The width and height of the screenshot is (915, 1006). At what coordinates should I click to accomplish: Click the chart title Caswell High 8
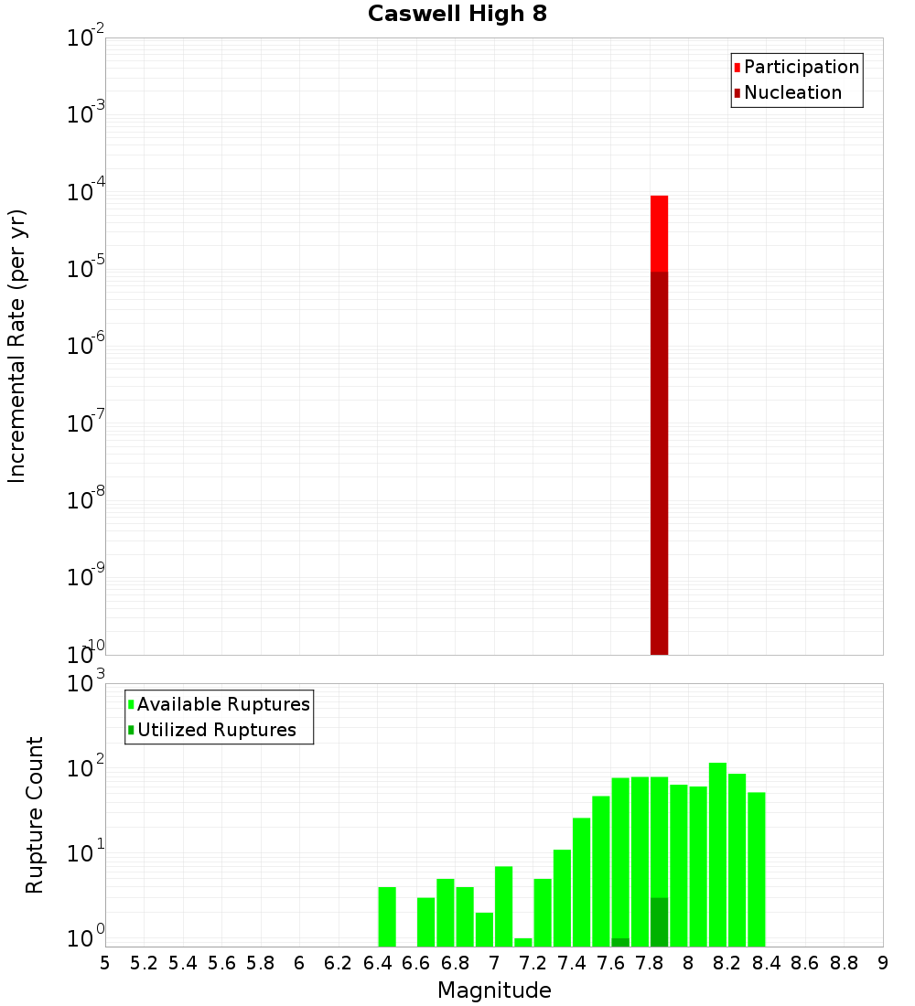pyautogui.click(x=457, y=15)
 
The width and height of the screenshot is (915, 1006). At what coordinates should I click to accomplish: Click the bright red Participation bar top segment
pyautogui.click(x=659, y=233)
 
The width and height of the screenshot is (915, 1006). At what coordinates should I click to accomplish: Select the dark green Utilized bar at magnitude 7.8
pyautogui.click(x=659, y=922)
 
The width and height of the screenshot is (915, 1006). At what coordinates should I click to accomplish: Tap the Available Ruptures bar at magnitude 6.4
pyautogui.click(x=387, y=916)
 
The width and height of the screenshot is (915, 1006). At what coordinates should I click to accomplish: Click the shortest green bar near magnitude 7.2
pyautogui.click(x=522, y=942)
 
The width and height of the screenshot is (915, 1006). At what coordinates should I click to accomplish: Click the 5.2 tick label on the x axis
pyautogui.click(x=144, y=963)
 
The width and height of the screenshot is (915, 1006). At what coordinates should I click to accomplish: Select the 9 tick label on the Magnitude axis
pyautogui.click(x=882, y=963)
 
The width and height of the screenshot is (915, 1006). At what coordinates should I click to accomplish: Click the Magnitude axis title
pyautogui.click(x=494, y=990)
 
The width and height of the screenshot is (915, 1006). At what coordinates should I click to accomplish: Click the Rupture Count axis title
pyautogui.click(x=34, y=814)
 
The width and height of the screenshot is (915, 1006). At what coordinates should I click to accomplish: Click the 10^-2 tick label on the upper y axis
pyautogui.click(x=87, y=39)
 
